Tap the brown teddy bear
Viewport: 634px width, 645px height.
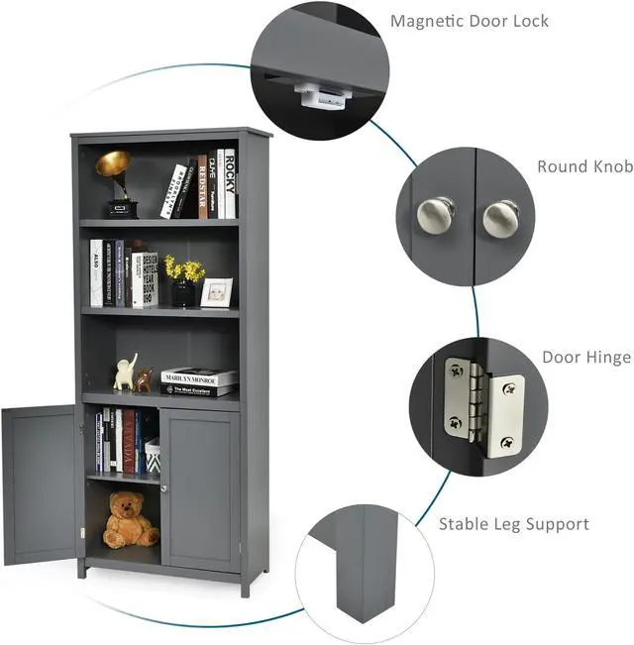coord(129,521)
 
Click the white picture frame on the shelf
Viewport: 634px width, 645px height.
coord(216,292)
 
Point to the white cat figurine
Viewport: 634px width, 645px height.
coord(126,374)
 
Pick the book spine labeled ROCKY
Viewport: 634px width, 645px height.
coord(230,183)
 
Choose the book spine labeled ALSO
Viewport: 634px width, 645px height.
coord(96,272)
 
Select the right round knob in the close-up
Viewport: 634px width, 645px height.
coord(500,217)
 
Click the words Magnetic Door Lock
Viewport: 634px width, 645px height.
coord(470,21)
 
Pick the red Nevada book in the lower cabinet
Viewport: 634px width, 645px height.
coord(129,442)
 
